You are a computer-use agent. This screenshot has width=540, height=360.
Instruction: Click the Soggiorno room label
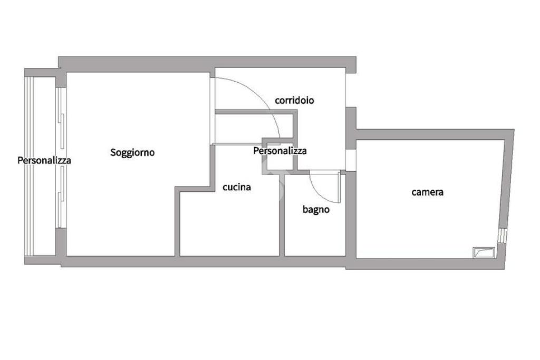tap(132, 152)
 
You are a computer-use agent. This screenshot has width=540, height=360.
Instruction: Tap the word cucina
tap(237, 187)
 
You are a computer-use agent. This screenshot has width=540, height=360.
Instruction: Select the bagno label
tap(316, 209)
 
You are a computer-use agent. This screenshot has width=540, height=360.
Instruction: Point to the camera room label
tap(427, 192)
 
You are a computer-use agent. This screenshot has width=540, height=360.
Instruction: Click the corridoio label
tap(295, 100)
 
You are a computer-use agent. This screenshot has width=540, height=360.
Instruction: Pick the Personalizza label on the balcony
tap(44, 160)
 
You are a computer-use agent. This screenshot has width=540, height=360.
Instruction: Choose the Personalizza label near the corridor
tap(279, 151)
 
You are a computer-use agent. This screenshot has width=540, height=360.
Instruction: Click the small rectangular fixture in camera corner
tap(484, 252)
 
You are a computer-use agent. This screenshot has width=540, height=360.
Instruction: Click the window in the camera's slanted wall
tap(502, 236)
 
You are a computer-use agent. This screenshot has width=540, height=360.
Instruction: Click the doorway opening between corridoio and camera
tap(351, 159)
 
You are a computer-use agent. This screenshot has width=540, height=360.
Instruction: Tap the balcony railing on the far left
tap(29, 163)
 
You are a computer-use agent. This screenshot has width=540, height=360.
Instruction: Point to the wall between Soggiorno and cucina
tap(177, 221)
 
